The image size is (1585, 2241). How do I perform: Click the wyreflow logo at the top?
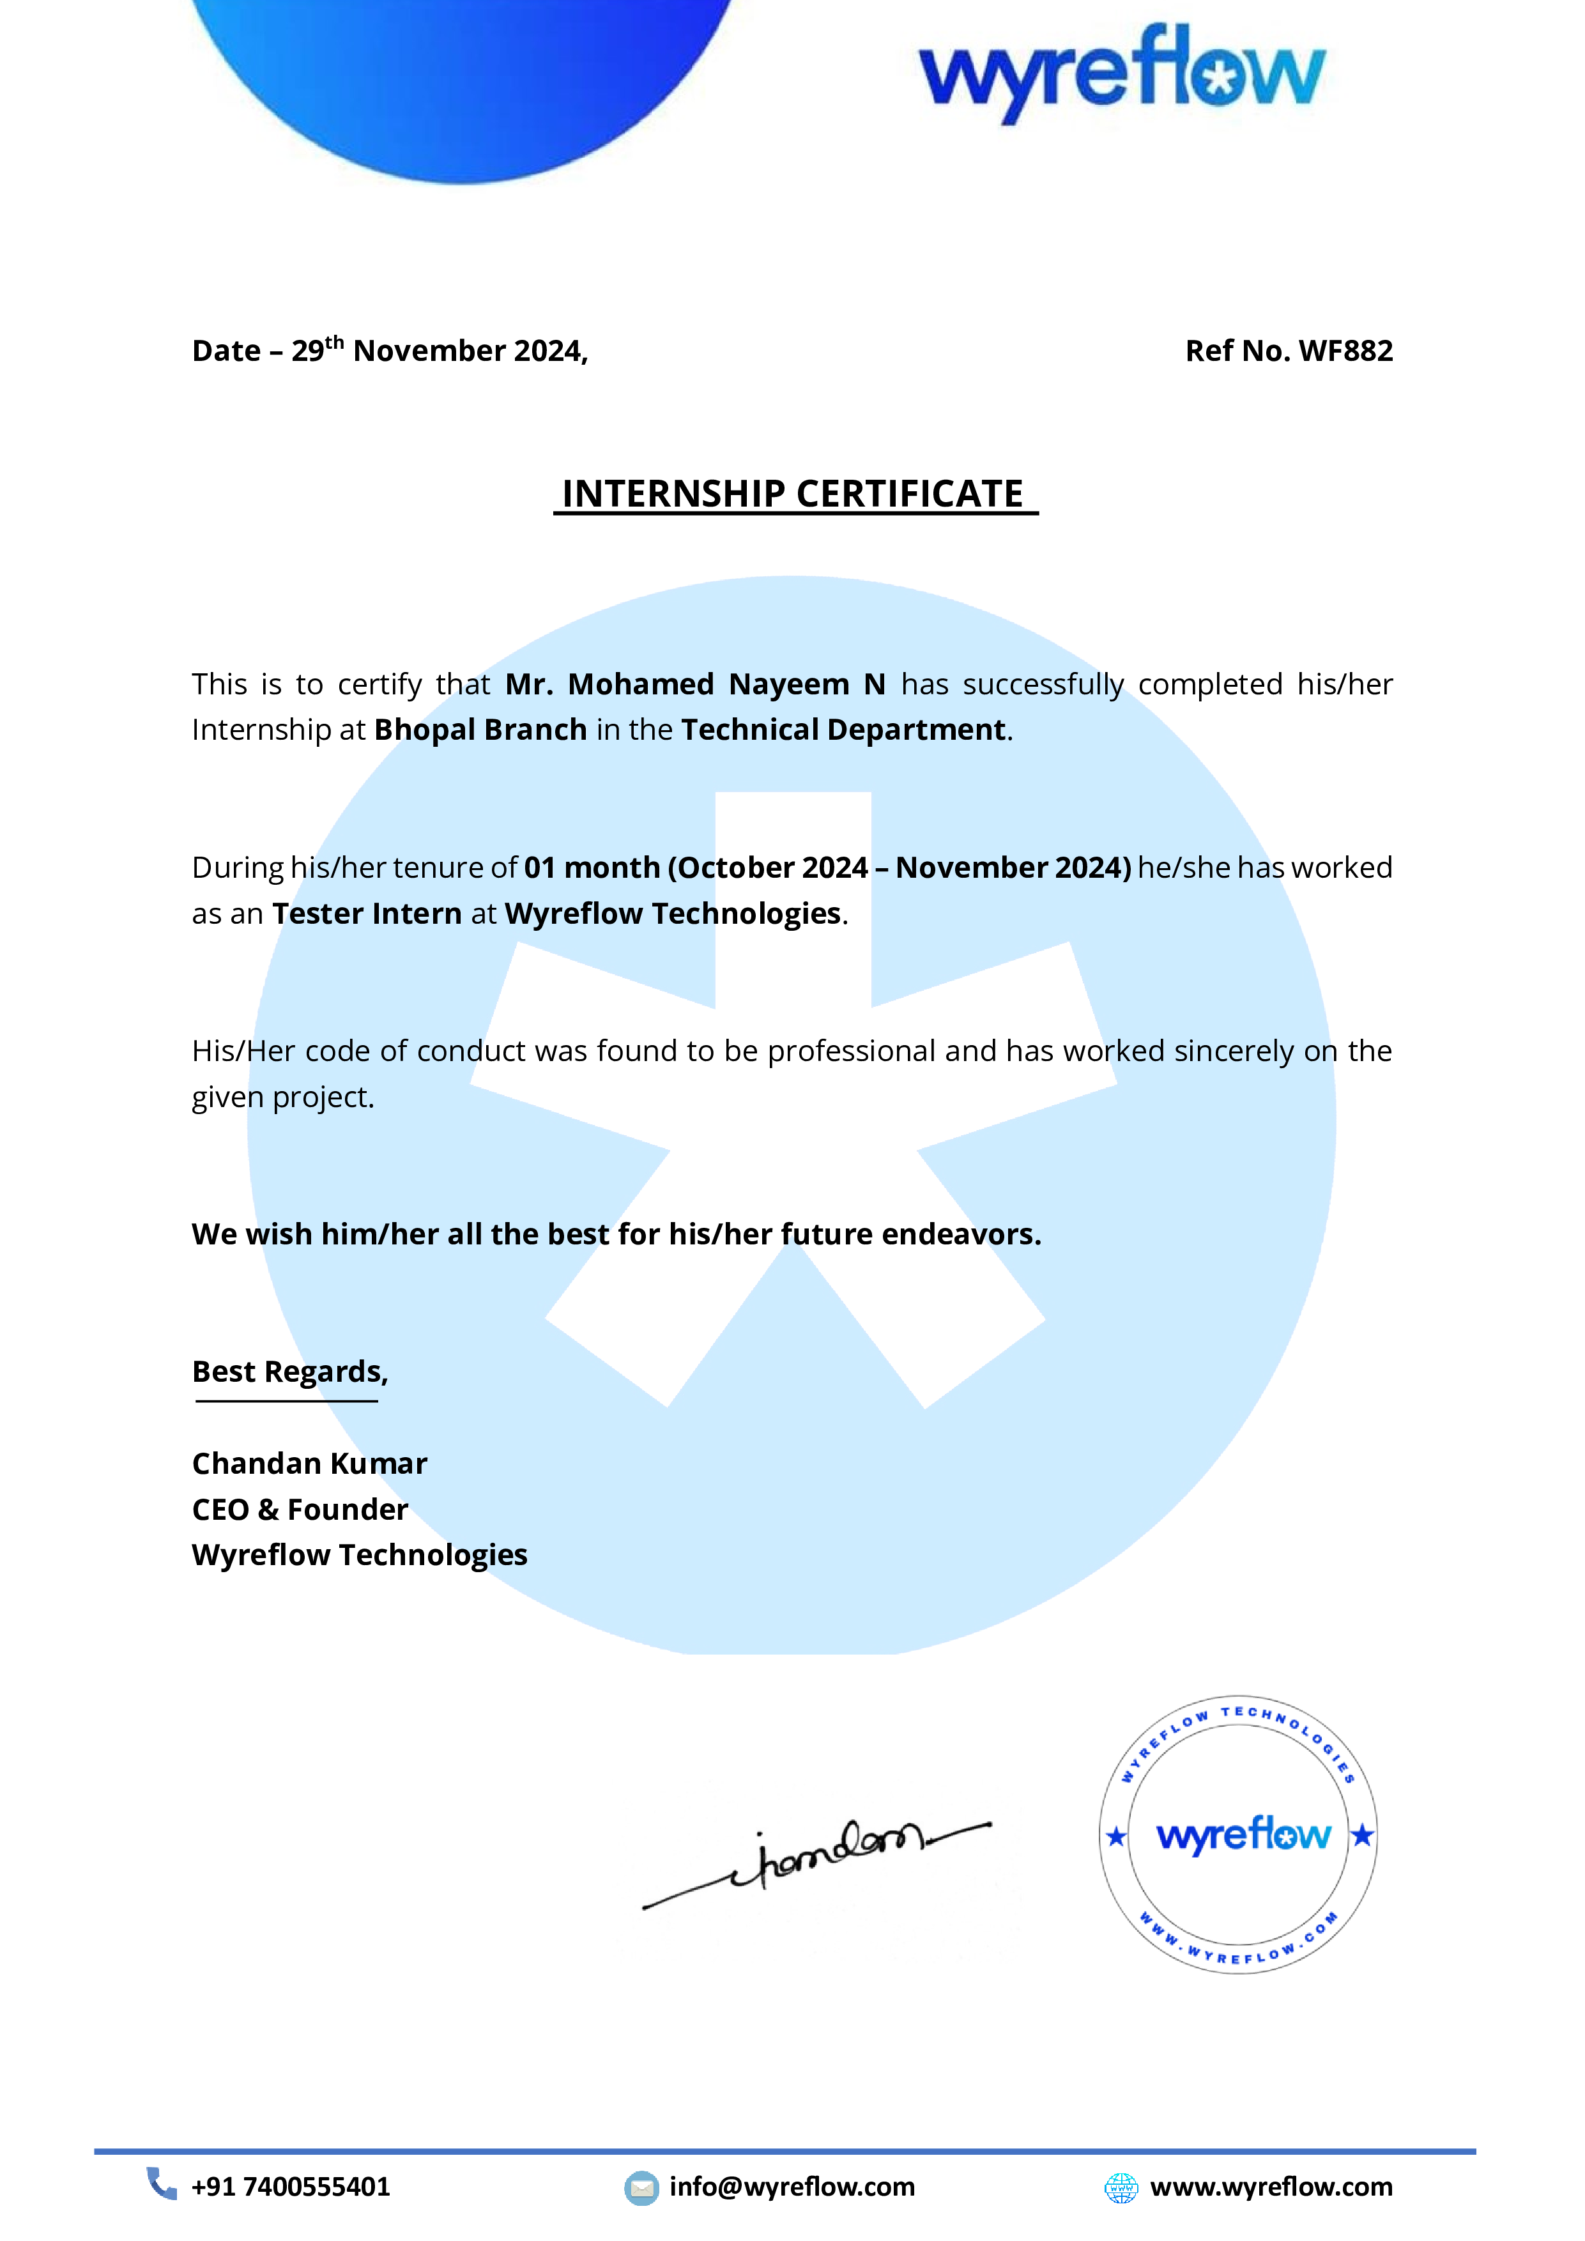[1122, 73]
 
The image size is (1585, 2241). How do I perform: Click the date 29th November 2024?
[439, 351]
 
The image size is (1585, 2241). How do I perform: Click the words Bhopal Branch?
[481, 730]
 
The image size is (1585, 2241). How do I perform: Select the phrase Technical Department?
[843, 730]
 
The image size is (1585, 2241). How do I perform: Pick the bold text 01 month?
[592, 868]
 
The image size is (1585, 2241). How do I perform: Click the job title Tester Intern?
[367, 914]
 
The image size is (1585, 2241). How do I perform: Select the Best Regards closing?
[290, 1372]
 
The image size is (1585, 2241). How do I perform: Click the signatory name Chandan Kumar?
[309, 1464]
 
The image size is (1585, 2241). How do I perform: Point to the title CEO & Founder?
[300, 1510]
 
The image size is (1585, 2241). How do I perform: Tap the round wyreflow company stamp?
[1239, 1835]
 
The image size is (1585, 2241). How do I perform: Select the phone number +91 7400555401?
[291, 2187]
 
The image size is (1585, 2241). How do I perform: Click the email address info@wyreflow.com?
[792, 2187]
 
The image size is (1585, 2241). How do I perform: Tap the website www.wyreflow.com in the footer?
[1271, 2187]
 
